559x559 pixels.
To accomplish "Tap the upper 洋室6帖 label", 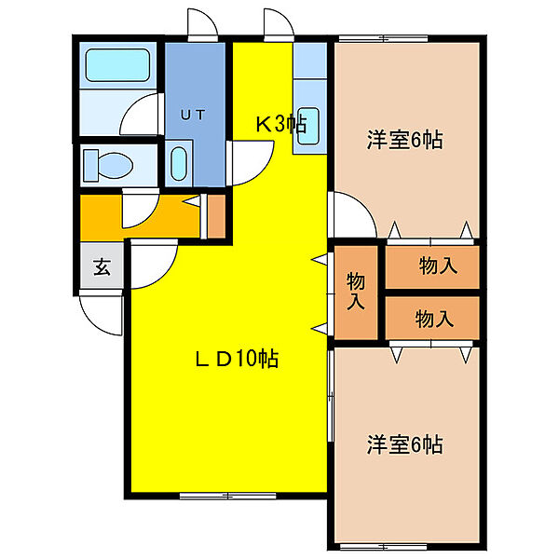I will [x=403, y=141].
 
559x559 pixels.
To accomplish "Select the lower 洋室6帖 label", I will [x=403, y=443].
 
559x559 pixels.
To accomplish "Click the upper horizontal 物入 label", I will [x=437, y=266].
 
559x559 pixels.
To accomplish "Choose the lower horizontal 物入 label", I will [x=434, y=319].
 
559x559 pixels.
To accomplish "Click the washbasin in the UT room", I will [x=181, y=163].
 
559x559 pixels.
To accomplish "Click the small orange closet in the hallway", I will [x=215, y=216].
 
